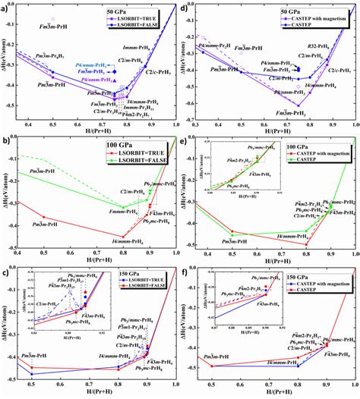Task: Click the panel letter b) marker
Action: [x=7, y=140]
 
